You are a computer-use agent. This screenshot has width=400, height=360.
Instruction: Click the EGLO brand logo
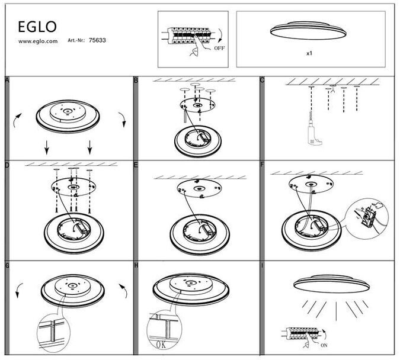tap(37, 27)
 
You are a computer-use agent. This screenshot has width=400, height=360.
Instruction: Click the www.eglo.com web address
tap(38, 41)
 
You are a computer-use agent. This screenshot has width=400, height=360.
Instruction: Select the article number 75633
tap(97, 40)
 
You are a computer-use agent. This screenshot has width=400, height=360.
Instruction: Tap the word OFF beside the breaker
tap(219, 48)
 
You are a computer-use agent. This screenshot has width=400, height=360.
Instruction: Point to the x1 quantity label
tap(309, 53)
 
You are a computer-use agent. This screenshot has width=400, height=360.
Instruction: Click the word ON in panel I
tap(324, 345)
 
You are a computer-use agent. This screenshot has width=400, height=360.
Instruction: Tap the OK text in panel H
tap(161, 345)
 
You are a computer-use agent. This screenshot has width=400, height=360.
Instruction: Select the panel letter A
tap(7, 81)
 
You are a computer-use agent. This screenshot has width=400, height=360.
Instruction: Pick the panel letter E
tap(136, 165)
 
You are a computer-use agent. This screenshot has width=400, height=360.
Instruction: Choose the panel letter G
tap(7, 266)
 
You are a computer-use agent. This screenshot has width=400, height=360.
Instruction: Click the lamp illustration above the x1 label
tap(308, 30)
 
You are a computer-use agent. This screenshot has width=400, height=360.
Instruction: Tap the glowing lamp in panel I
tap(331, 284)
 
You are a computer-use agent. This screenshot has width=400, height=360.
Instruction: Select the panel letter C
tap(262, 81)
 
